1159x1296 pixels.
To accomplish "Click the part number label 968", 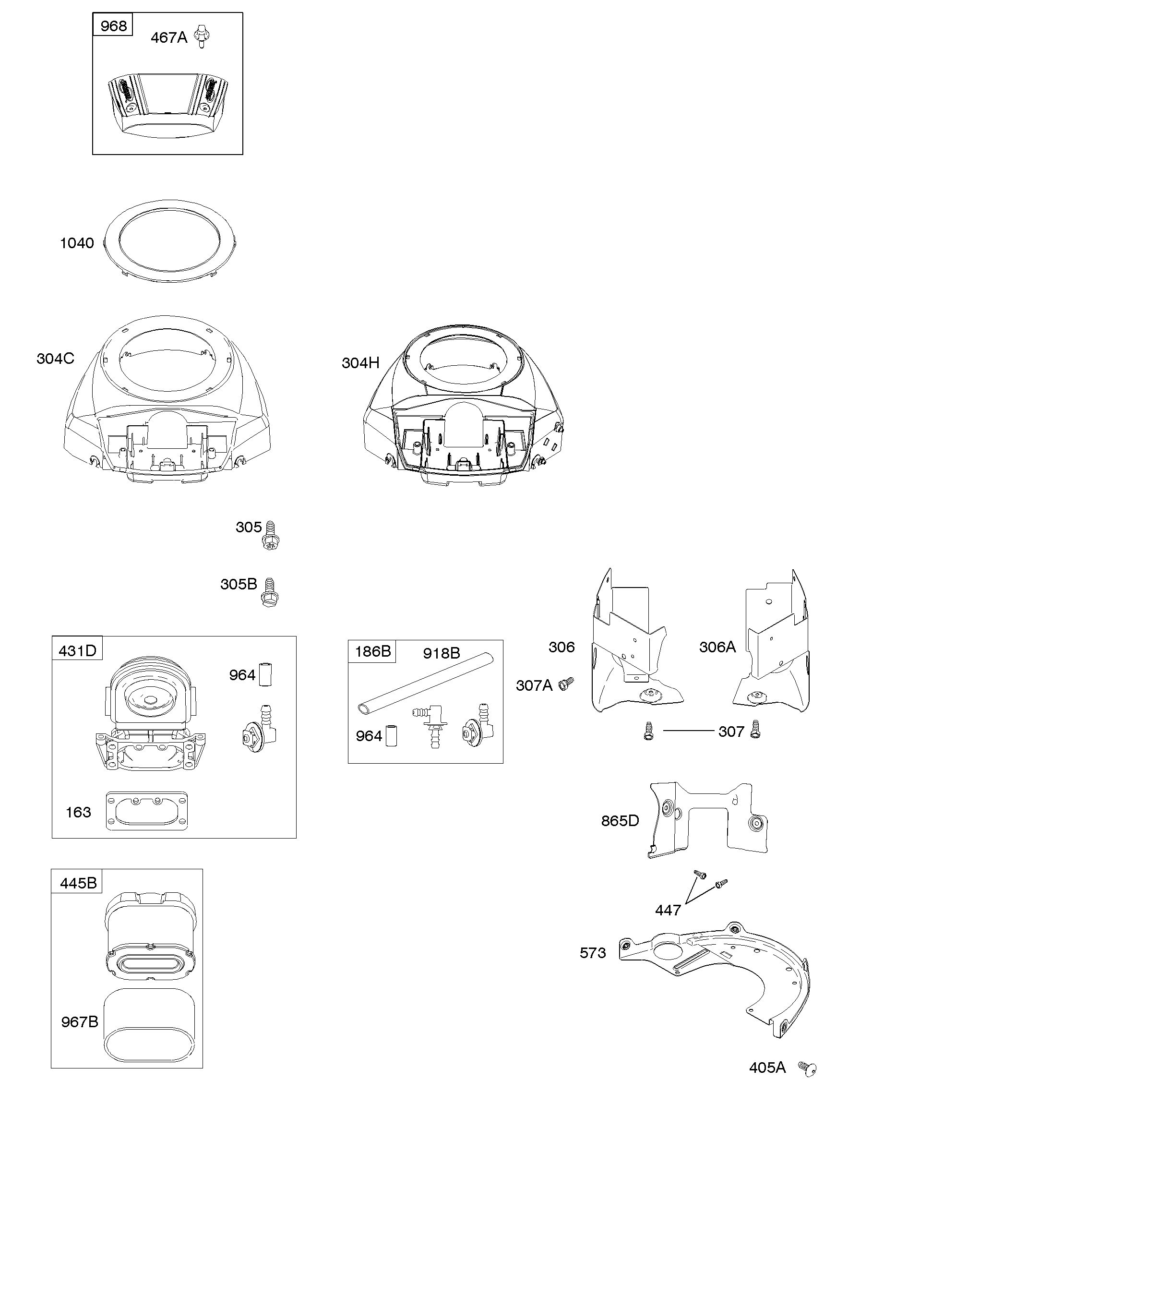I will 113,26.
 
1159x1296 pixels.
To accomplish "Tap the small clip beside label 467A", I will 202,37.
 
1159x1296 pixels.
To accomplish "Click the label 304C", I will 55,359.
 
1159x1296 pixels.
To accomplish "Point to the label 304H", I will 360,363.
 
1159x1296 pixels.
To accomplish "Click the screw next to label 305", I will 271,535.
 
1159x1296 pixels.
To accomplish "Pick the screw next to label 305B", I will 269,592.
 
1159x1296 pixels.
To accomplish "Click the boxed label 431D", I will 77,650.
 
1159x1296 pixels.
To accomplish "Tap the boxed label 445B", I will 78,883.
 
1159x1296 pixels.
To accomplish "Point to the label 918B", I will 442,653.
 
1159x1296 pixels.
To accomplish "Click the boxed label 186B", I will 372,651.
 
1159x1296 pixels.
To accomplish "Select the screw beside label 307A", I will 565,684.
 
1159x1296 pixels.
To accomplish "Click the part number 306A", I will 717,647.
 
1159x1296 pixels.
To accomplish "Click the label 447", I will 668,910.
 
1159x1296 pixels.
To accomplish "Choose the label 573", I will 592,953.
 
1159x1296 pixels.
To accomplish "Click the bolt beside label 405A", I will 808,1068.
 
